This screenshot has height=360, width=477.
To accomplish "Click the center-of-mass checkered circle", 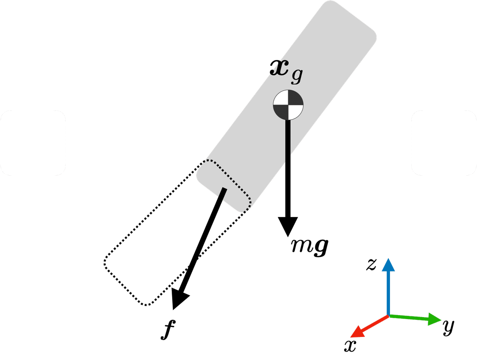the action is pos(288,105).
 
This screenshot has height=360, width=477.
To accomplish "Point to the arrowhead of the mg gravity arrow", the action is pos(288,226).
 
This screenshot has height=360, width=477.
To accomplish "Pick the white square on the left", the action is pos(33,143).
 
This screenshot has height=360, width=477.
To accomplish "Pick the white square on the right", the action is pos(444,143).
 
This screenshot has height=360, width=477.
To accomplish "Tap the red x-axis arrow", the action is pos(368,325).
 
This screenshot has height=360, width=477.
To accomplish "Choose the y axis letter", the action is pos(448,326).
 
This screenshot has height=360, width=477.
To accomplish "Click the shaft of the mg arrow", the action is pos(287,167).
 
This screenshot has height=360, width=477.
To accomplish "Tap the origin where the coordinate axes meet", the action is pos(388,315).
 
